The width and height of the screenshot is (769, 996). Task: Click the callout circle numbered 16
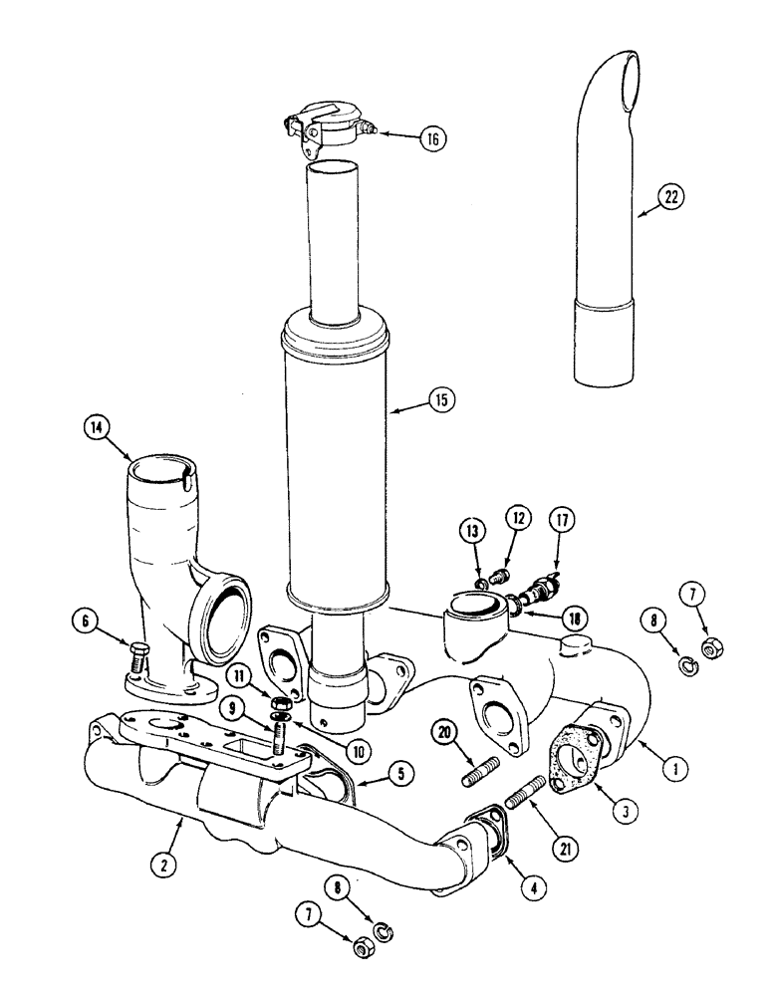(x=432, y=138)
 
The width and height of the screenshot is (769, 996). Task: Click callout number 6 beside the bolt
(x=87, y=620)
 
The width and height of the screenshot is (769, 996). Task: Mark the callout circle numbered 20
(x=447, y=732)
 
